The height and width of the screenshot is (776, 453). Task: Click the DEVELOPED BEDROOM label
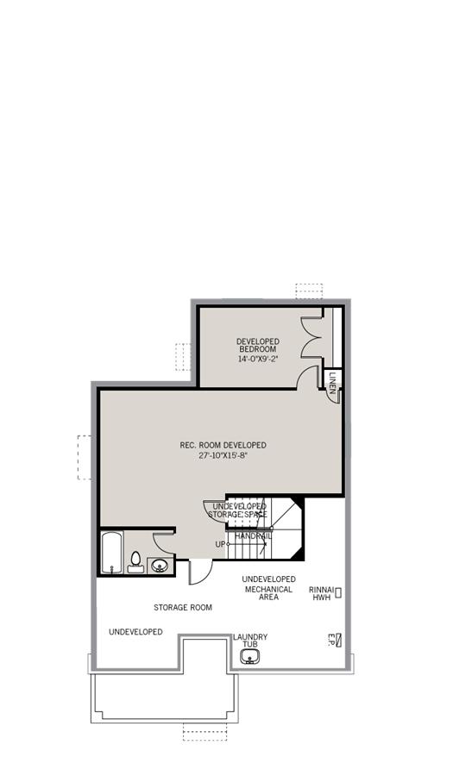[x=258, y=345]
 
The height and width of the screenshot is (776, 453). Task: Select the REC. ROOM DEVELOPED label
[x=223, y=445]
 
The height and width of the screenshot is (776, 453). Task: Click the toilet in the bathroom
[x=135, y=562]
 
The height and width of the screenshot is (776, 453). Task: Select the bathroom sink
[x=159, y=566]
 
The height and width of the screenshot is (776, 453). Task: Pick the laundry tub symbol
[x=249, y=658]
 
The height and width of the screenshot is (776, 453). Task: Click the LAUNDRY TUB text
[x=250, y=641]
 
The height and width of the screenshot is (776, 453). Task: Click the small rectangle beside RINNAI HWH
[x=338, y=592]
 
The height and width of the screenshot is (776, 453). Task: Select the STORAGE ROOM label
[x=183, y=608]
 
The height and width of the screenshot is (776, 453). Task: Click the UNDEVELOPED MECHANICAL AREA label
[x=268, y=588]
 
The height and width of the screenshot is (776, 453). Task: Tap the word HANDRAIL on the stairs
[x=253, y=536]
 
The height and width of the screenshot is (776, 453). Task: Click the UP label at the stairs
[x=220, y=544]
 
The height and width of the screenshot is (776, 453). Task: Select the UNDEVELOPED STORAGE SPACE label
[x=239, y=510]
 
